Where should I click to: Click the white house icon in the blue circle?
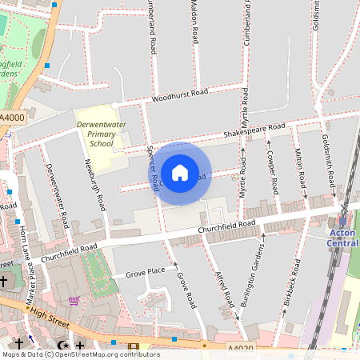tap(180, 173)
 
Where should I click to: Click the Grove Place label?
tap(146, 272)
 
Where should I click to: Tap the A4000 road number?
tap(12, 118)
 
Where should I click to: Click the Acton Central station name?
tap(343, 238)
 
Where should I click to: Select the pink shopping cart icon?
tap(74, 301)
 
